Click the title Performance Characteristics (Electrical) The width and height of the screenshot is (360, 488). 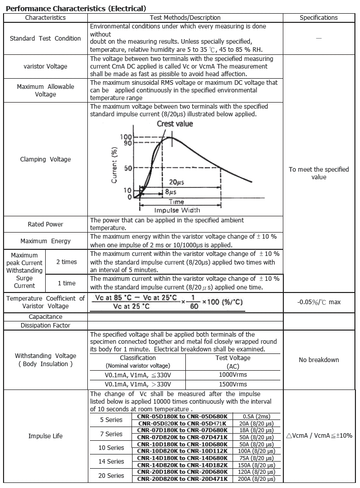(x=76, y=9)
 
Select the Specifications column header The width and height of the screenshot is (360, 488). (x=318, y=18)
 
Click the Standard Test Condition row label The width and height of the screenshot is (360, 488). (x=45, y=39)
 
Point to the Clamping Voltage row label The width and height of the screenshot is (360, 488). (x=45, y=159)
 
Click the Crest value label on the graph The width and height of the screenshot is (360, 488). (x=175, y=124)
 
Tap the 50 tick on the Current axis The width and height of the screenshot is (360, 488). (x=128, y=168)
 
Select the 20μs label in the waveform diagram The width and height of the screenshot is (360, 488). (x=176, y=182)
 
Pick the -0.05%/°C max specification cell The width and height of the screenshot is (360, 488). (x=318, y=302)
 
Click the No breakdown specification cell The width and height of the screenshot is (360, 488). (x=318, y=360)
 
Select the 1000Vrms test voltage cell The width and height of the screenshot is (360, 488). (x=234, y=375)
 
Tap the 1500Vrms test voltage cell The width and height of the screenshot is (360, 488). (x=234, y=384)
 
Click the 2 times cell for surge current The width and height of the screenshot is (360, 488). (x=67, y=262)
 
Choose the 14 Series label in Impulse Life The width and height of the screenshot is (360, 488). (x=111, y=462)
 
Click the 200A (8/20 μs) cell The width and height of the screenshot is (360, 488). (x=259, y=479)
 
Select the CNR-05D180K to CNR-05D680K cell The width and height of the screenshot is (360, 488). (x=181, y=416)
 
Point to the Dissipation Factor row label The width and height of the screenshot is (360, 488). (x=45, y=326)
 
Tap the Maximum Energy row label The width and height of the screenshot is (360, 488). (x=45, y=241)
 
